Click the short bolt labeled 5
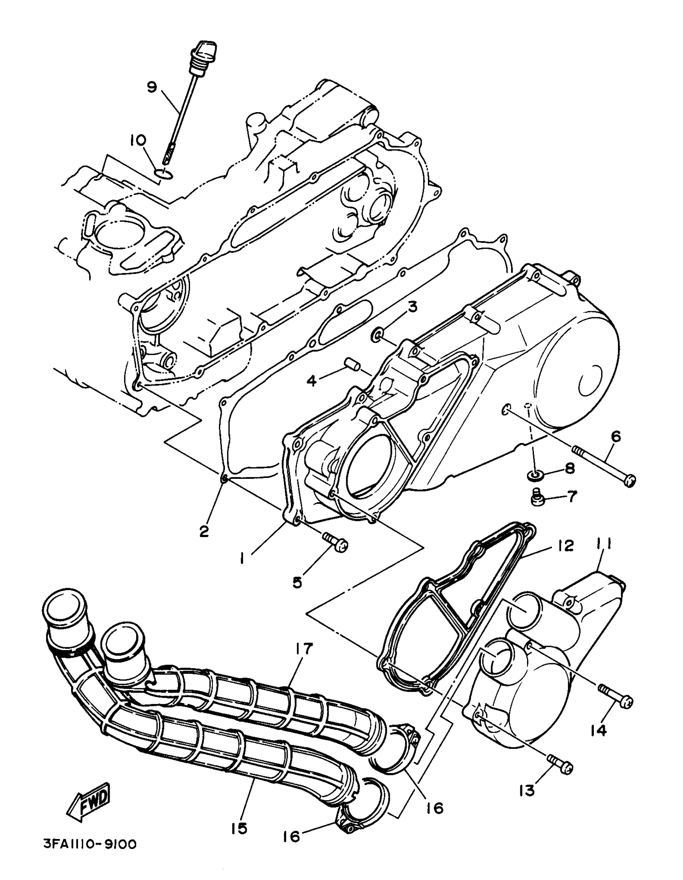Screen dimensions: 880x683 coord(335,542)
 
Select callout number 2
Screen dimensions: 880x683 coord(204,531)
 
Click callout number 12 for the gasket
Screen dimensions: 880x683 coord(565,546)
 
